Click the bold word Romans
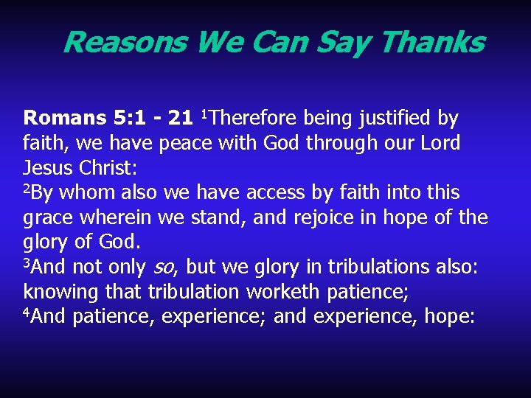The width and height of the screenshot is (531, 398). click(x=65, y=118)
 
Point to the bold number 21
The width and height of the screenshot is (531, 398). click(x=180, y=118)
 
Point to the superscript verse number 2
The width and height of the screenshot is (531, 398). click(x=27, y=189)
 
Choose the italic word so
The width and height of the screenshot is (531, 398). click(x=162, y=268)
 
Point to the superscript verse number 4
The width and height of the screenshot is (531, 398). click(x=27, y=313)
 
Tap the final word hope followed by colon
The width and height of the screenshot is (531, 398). click(x=452, y=318)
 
